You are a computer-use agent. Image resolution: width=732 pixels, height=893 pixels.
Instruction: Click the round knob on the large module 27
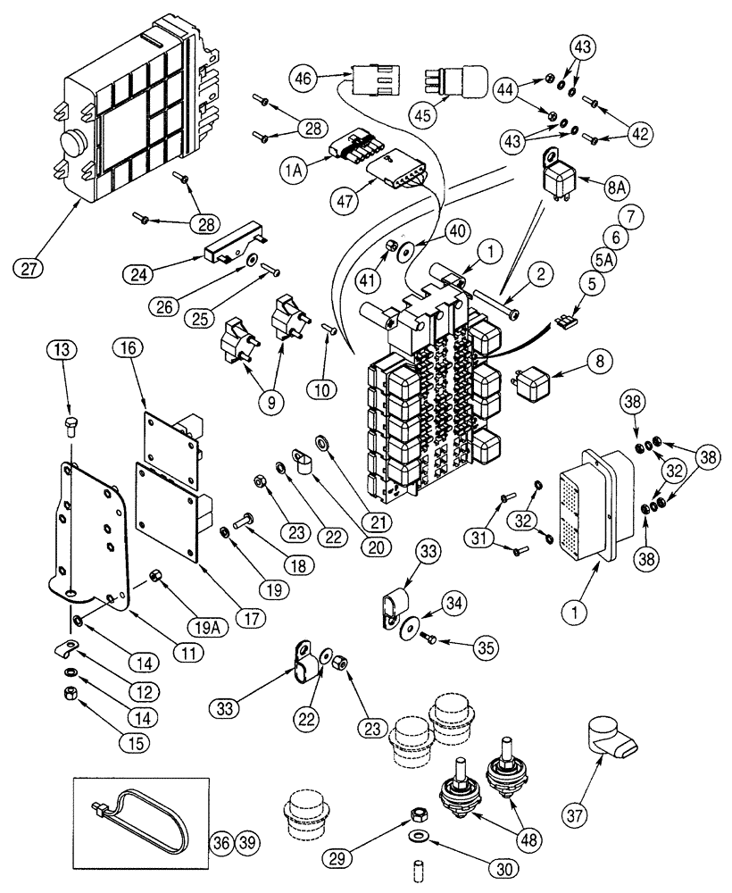(72, 146)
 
